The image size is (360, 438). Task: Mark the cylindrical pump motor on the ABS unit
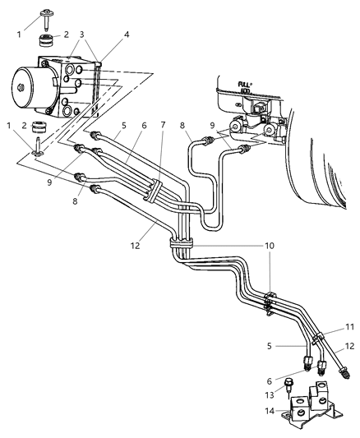(30, 85)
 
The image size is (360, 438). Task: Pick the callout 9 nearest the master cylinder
(212, 126)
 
